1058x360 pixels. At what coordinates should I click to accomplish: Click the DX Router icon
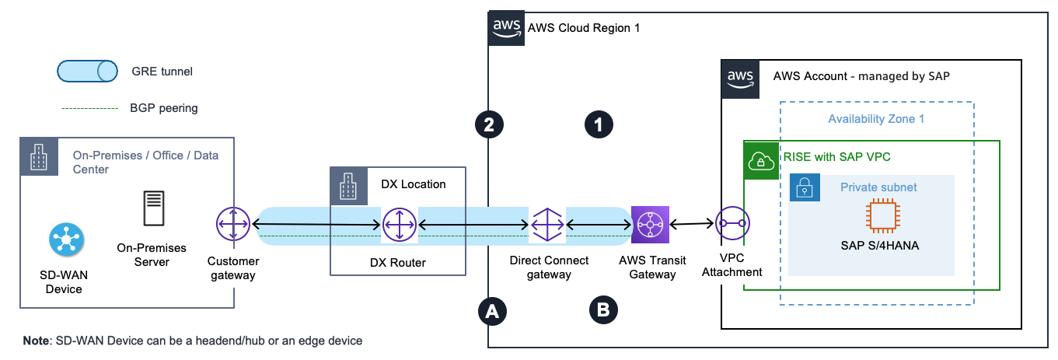click(x=398, y=225)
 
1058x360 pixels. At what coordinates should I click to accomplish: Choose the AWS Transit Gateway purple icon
click(x=649, y=225)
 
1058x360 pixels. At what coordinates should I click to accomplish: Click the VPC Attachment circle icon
click(x=732, y=225)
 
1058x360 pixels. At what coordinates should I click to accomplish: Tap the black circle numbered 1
click(x=599, y=124)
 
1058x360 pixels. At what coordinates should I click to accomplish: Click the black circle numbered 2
click(x=490, y=124)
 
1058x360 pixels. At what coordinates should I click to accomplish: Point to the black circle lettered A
click(x=490, y=311)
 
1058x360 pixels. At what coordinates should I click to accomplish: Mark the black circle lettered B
click(x=602, y=311)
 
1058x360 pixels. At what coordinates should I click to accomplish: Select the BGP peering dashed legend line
click(x=89, y=108)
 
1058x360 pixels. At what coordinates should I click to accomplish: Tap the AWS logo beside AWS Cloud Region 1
click(x=505, y=28)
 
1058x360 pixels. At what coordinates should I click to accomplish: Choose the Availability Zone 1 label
click(x=876, y=119)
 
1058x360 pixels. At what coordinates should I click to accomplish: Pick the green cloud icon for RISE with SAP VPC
click(x=759, y=161)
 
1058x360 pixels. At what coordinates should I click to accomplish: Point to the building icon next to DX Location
click(x=347, y=184)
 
